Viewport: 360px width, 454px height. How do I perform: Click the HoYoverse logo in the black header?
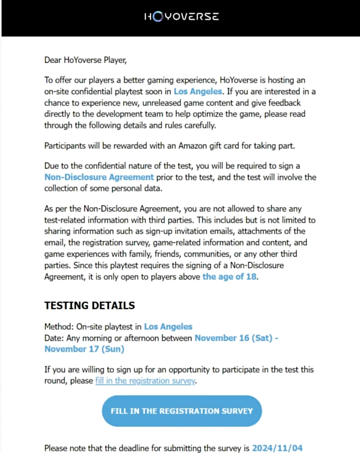pos(181,16)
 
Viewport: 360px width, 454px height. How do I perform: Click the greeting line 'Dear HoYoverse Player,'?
pos(85,60)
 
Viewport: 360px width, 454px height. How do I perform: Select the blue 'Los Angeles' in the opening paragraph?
pos(198,91)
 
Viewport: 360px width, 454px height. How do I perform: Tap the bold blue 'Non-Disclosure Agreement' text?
pos(99,177)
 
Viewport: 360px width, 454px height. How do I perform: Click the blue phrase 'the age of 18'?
pos(229,277)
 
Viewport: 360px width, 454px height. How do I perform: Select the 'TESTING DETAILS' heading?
pos(90,305)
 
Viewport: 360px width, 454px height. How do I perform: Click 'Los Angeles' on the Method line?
pos(168,327)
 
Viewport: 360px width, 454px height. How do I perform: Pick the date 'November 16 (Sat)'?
pos(233,338)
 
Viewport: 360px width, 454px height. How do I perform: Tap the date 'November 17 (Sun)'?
pos(84,349)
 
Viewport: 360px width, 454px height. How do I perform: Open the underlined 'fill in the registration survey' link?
pos(145,381)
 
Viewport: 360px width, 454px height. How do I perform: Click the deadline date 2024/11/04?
pos(277,448)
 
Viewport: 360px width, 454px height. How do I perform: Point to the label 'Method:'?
pos(59,327)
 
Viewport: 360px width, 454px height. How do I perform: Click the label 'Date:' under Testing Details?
pos(54,338)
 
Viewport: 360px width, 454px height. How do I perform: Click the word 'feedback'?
pos(284,103)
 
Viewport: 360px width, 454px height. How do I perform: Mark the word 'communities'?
pos(207,254)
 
